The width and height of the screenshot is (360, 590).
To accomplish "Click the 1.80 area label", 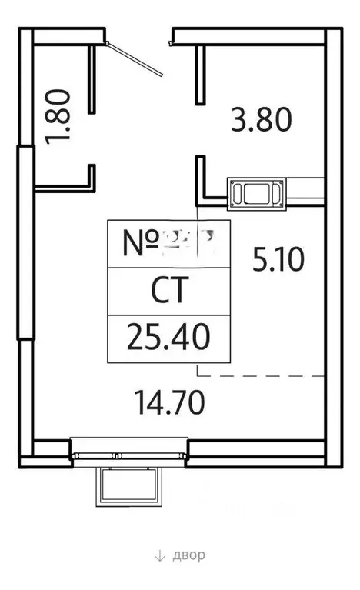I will coord(60,117).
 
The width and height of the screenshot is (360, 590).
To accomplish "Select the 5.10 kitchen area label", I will coord(279,259).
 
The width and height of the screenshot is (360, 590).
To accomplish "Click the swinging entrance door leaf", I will coord(137,56).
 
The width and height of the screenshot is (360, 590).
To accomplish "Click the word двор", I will coord(185,555).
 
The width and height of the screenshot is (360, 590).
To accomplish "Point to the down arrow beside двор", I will coord(159,556).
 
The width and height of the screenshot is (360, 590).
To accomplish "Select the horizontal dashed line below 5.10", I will coord(262,375).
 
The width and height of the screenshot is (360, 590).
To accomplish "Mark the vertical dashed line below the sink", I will coord(198,292).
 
